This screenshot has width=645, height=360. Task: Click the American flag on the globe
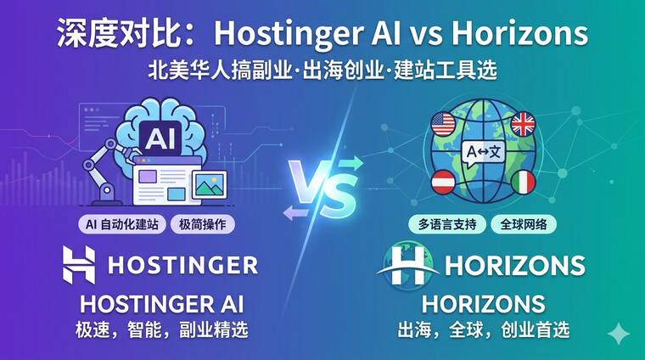pyautogui.click(x=443, y=124)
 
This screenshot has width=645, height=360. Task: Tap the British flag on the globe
pyautogui.click(x=523, y=123)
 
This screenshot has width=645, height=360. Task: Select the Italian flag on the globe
pyautogui.click(x=524, y=182)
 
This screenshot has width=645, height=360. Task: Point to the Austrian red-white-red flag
pyautogui.click(x=443, y=182)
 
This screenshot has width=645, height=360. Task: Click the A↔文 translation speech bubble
pyautogui.click(x=483, y=154)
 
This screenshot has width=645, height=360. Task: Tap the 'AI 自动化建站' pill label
pyautogui.click(x=121, y=225)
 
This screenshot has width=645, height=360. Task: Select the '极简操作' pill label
pyautogui.click(x=202, y=225)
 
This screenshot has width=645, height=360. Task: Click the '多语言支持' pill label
pyautogui.click(x=447, y=225)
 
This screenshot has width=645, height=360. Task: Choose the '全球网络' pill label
pyautogui.click(x=524, y=225)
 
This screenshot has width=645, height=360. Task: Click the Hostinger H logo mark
pyautogui.click(x=79, y=265)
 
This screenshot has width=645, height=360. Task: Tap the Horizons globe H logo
pyautogui.click(x=407, y=266)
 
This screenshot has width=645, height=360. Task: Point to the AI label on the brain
pyautogui.click(x=160, y=138)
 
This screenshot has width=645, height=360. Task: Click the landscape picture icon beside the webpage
pyautogui.click(x=210, y=185)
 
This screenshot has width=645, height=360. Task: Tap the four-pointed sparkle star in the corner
pyautogui.click(x=618, y=334)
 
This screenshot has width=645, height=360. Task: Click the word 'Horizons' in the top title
pyautogui.click(x=520, y=33)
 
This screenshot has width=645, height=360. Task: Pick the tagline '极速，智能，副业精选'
pyautogui.click(x=161, y=330)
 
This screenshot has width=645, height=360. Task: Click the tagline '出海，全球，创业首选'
pyautogui.click(x=484, y=330)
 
